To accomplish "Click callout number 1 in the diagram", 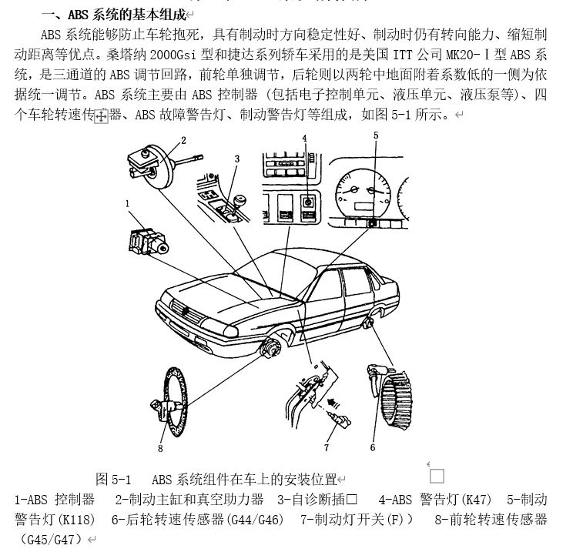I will tap(126, 203).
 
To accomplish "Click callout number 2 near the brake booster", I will tap(183, 140).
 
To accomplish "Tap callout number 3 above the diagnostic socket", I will tap(236, 159).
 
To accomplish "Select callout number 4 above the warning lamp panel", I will tap(304, 139).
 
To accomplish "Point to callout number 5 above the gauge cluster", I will tap(376, 135).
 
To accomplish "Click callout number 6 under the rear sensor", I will tap(372, 447).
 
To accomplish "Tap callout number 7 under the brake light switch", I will tap(326, 447).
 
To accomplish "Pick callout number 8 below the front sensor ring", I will tap(160, 448).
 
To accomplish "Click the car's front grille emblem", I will tap(186, 309).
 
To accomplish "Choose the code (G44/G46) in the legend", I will tap(255, 520).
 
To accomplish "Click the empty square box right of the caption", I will tap(436, 475).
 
